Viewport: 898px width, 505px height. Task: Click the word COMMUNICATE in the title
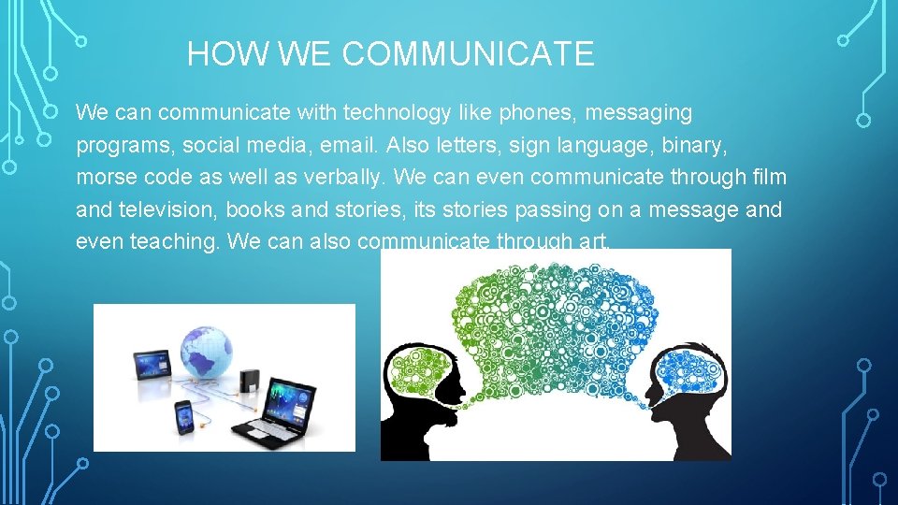point(468,54)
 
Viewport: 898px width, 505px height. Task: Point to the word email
point(343,146)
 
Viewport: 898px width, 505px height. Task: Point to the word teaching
point(175,241)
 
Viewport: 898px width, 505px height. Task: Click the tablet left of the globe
point(151,364)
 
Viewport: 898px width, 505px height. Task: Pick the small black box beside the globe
point(249,380)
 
